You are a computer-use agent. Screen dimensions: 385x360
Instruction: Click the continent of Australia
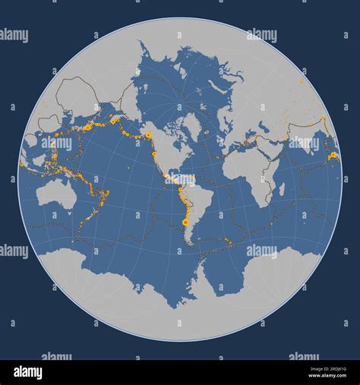(x=55, y=194)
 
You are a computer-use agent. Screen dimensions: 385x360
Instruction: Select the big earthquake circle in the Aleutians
(x=115, y=120)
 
